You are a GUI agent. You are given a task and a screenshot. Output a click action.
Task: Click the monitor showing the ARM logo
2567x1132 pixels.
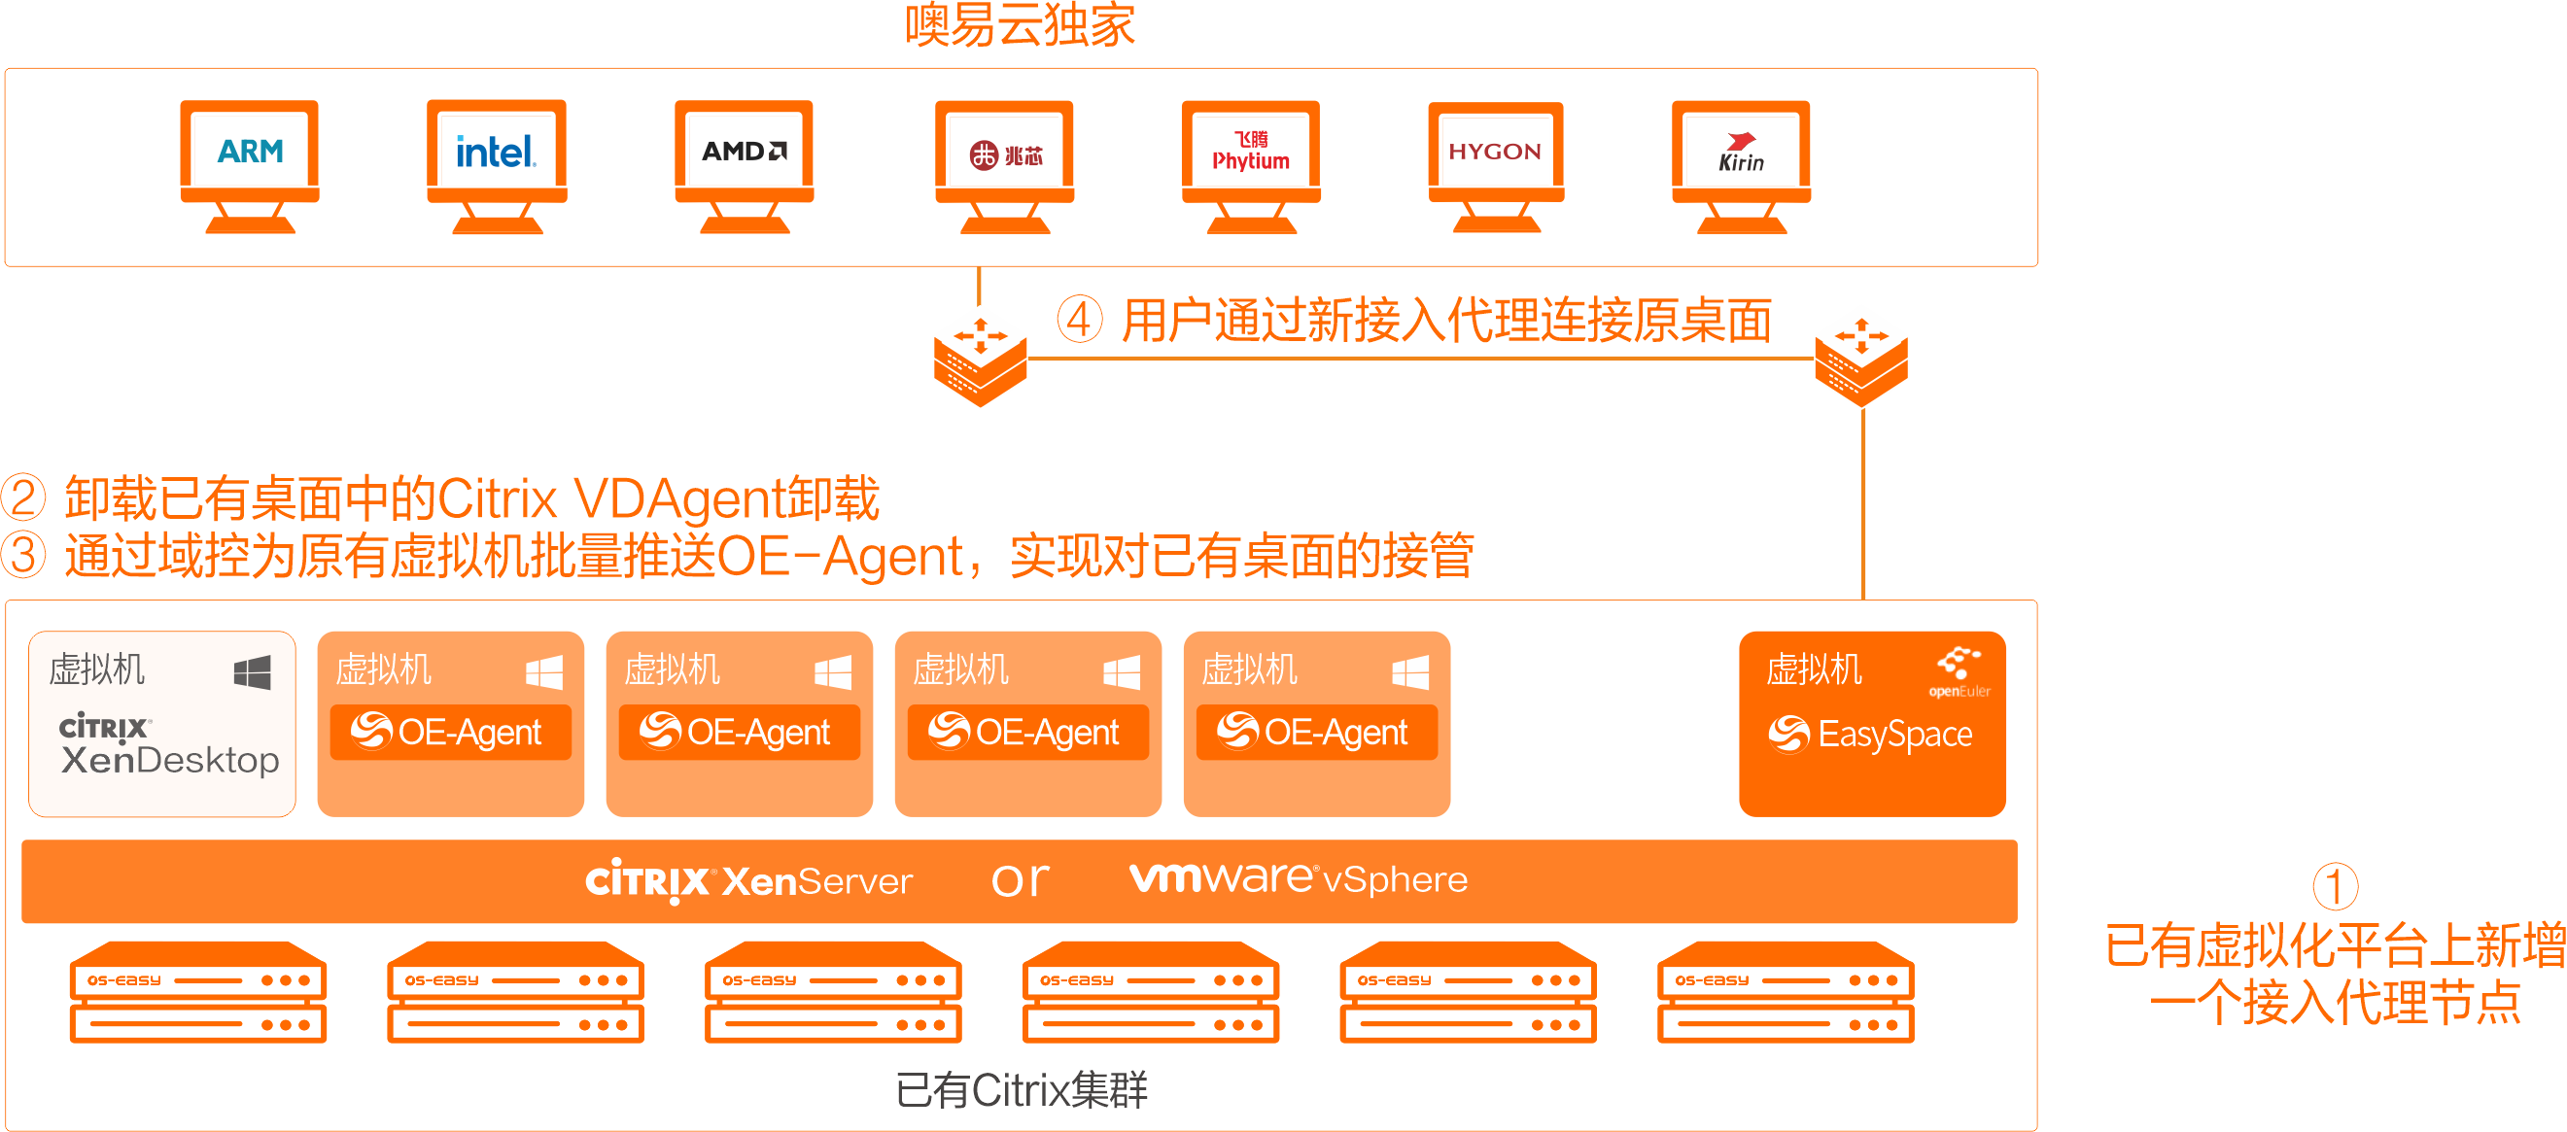point(249,164)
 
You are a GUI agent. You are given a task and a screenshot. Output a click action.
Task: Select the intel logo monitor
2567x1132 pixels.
point(497,164)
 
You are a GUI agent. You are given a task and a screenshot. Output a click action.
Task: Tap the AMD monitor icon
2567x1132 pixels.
point(744,164)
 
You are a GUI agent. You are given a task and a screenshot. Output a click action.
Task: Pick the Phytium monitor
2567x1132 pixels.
point(1251,164)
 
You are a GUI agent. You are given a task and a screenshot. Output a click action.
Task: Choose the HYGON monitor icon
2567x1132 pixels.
point(1495,164)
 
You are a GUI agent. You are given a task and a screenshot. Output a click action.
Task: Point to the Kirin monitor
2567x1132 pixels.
point(1741,164)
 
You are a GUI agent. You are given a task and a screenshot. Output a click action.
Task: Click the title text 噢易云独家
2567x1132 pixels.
point(1020,25)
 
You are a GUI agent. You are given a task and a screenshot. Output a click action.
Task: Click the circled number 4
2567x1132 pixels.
point(1079,320)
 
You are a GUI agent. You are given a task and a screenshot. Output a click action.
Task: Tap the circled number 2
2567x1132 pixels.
point(24,497)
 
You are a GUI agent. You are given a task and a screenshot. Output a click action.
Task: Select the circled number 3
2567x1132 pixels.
point(24,555)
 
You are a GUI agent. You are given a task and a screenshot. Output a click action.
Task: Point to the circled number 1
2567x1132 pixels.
point(2334,886)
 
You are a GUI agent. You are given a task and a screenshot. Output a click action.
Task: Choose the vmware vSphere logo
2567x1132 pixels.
point(1298,877)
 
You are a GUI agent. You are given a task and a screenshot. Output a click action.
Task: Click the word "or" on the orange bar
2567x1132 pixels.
point(1021,879)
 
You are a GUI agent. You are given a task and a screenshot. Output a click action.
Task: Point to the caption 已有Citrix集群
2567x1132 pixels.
point(1021,1089)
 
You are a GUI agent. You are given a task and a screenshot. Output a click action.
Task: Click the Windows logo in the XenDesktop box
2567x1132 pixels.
point(252,672)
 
